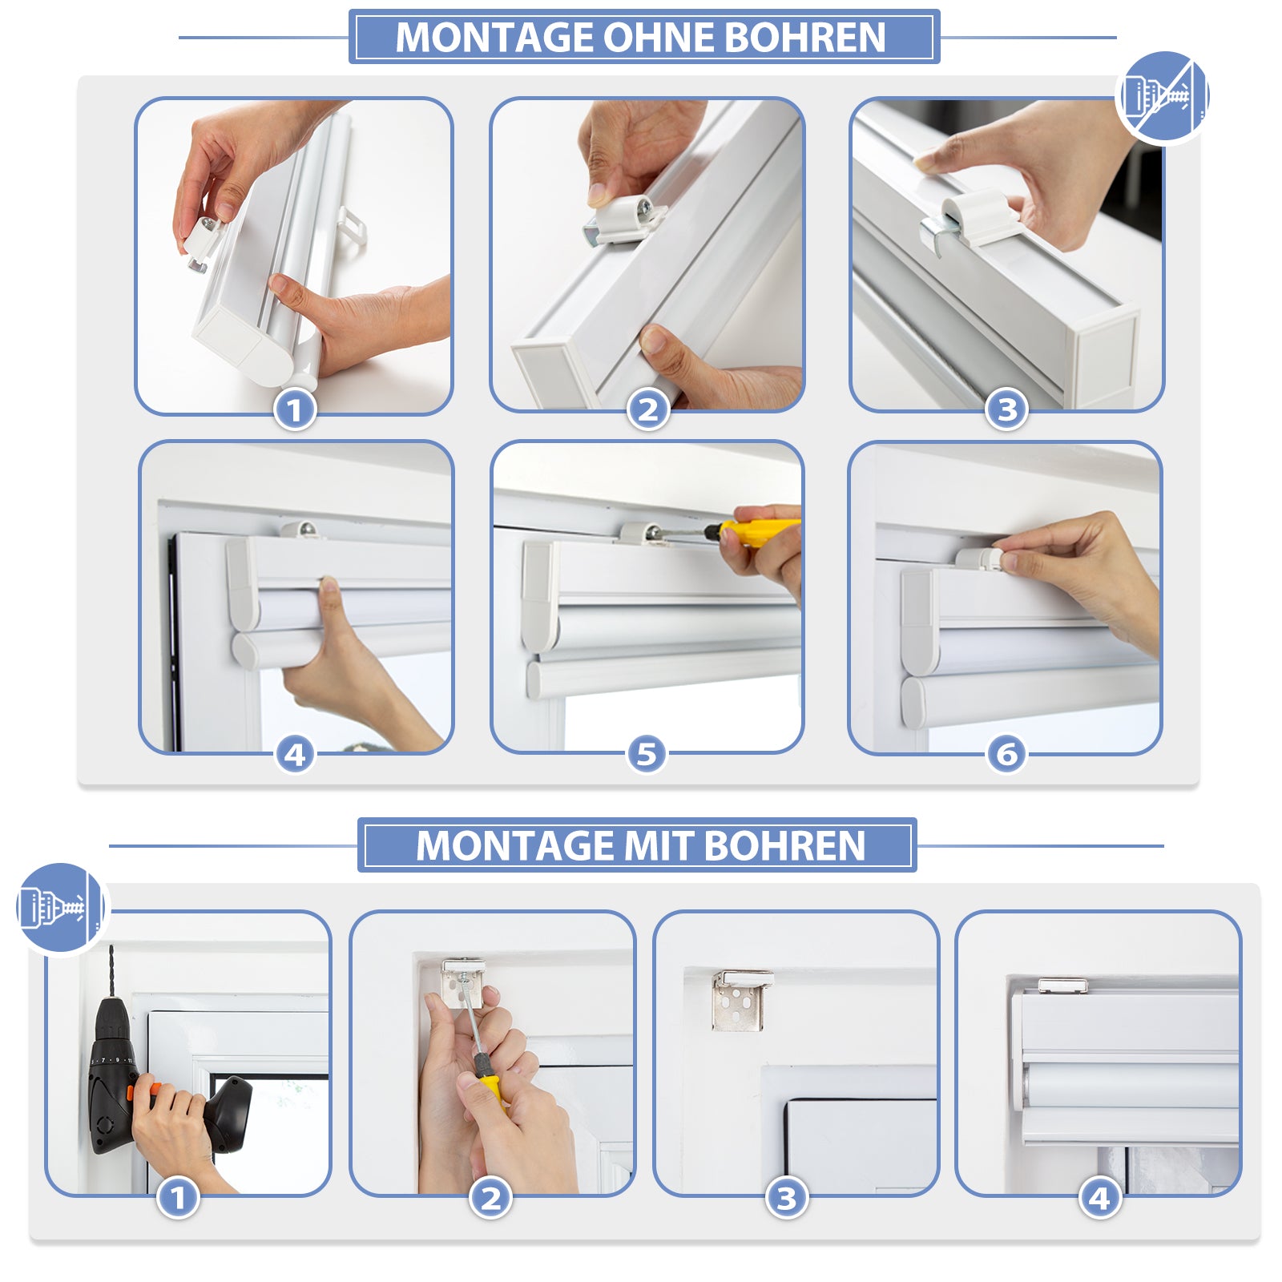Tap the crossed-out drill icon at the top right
[x=1163, y=97]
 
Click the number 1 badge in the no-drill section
[x=295, y=410]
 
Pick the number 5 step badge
[x=647, y=754]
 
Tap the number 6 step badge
[x=1006, y=754]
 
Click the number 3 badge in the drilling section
[x=787, y=1199]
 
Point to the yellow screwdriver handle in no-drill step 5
[x=758, y=530]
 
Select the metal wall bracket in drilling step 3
[x=741, y=999]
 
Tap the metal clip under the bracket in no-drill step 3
[x=939, y=233]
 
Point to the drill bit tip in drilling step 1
[x=111, y=946]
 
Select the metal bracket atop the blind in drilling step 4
[x=1063, y=986]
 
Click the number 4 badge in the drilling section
[x=1099, y=1199]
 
